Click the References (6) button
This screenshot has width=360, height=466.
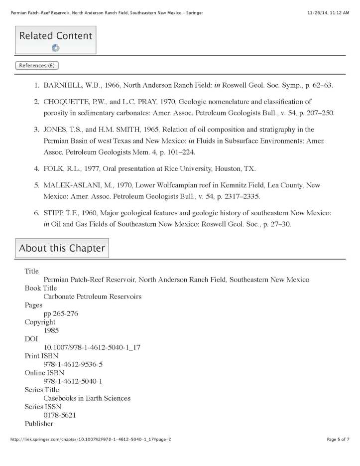pos(37,66)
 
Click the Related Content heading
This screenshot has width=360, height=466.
pos(55,36)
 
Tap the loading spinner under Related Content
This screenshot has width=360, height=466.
pos(55,48)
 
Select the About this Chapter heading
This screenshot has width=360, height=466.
pos(62,248)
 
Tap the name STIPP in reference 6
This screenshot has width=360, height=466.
pos(54,213)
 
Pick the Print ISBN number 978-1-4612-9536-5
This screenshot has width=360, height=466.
pos(73,364)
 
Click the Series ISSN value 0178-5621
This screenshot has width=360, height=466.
pos(60,415)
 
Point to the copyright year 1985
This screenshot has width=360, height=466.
pos(51,330)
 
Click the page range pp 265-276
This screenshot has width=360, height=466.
pos(61,313)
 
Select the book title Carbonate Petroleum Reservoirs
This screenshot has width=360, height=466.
pos(93,297)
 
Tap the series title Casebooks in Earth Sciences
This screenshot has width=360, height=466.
pos(87,398)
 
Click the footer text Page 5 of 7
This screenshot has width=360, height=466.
pos(338,453)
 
